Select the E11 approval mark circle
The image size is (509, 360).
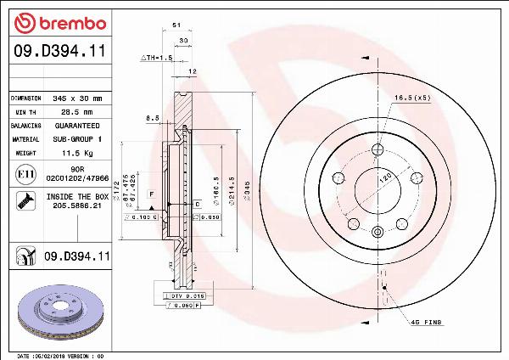[24, 175]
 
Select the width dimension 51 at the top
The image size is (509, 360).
[176, 26]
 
